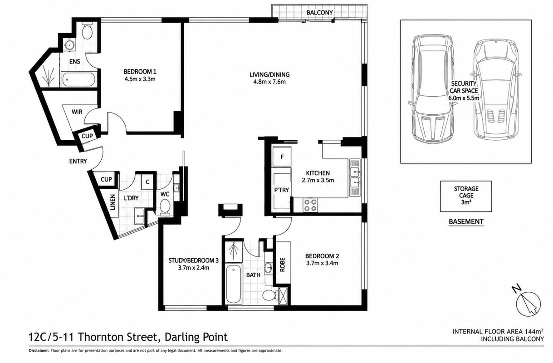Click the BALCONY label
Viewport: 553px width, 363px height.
(x=319, y=12)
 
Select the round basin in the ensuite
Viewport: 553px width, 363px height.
(x=70, y=45)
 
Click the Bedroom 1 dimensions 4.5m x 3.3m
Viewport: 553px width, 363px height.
(x=140, y=79)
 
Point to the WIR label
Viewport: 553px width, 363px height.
(x=77, y=112)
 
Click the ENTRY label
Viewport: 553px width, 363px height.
(x=78, y=161)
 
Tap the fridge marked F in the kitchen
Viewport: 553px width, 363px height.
(x=282, y=157)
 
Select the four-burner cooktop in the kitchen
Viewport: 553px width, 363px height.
(x=310, y=205)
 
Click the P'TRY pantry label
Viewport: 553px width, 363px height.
(x=281, y=190)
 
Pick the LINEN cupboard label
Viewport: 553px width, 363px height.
(x=113, y=202)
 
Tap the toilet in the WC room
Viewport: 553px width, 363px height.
(x=165, y=207)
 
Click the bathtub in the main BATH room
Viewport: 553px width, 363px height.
(x=234, y=284)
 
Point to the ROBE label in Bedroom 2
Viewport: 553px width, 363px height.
(x=283, y=265)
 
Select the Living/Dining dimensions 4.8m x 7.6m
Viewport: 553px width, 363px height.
(x=269, y=82)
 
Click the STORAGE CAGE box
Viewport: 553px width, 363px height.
(x=466, y=196)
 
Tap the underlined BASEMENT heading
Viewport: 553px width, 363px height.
(x=466, y=222)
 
